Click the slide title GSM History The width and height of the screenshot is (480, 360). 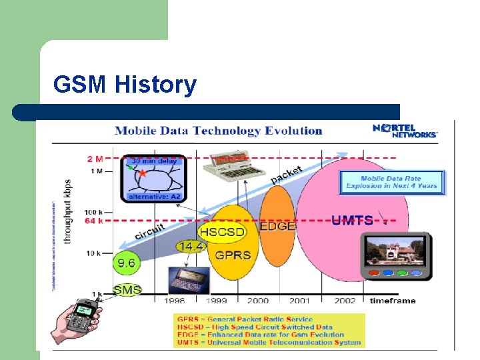pyautogui.click(x=125, y=85)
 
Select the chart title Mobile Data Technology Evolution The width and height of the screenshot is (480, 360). pyautogui.click(x=219, y=131)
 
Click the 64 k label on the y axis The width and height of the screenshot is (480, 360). pyautogui.click(x=94, y=220)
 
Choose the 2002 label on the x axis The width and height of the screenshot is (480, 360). pyautogui.click(x=345, y=301)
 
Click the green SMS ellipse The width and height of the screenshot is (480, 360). pyautogui.click(x=127, y=289)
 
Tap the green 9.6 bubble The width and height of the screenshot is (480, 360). pyautogui.click(x=126, y=263)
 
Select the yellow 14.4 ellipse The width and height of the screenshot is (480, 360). pyautogui.click(x=191, y=247)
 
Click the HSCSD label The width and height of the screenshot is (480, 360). pyautogui.click(x=223, y=232)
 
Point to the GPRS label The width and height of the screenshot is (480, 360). pyautogui.click(x=229, y=255)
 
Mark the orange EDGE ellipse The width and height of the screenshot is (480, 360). pyautogui.click(x=277, y=227)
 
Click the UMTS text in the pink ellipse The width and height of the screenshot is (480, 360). pyautogui.click(x=353, y=220)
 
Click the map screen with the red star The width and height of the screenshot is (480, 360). pyautogui.click(x=153, y=178)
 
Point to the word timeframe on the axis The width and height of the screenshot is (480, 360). pyautogui.click(x=393, y=301)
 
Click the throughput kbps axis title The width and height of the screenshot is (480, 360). pyautogui.click(x=67, y=212)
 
